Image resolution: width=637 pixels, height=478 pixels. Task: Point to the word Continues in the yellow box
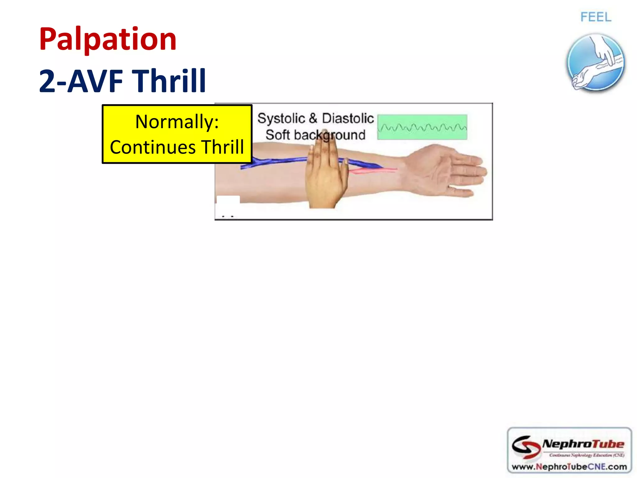152,147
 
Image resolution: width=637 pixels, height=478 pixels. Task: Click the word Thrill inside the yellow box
222,147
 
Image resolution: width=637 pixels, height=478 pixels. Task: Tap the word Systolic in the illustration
281,119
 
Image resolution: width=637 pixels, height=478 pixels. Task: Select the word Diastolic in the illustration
348,119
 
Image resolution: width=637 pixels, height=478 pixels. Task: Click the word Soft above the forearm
277,135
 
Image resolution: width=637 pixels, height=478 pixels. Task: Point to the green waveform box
422,127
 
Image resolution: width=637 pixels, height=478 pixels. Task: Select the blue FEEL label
596,17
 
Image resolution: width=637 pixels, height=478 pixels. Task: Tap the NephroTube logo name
583,444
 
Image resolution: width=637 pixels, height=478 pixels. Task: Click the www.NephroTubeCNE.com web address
569,467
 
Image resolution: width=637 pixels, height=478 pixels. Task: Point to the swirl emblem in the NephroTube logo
526,447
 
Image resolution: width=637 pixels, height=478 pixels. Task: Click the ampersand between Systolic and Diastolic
313,119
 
